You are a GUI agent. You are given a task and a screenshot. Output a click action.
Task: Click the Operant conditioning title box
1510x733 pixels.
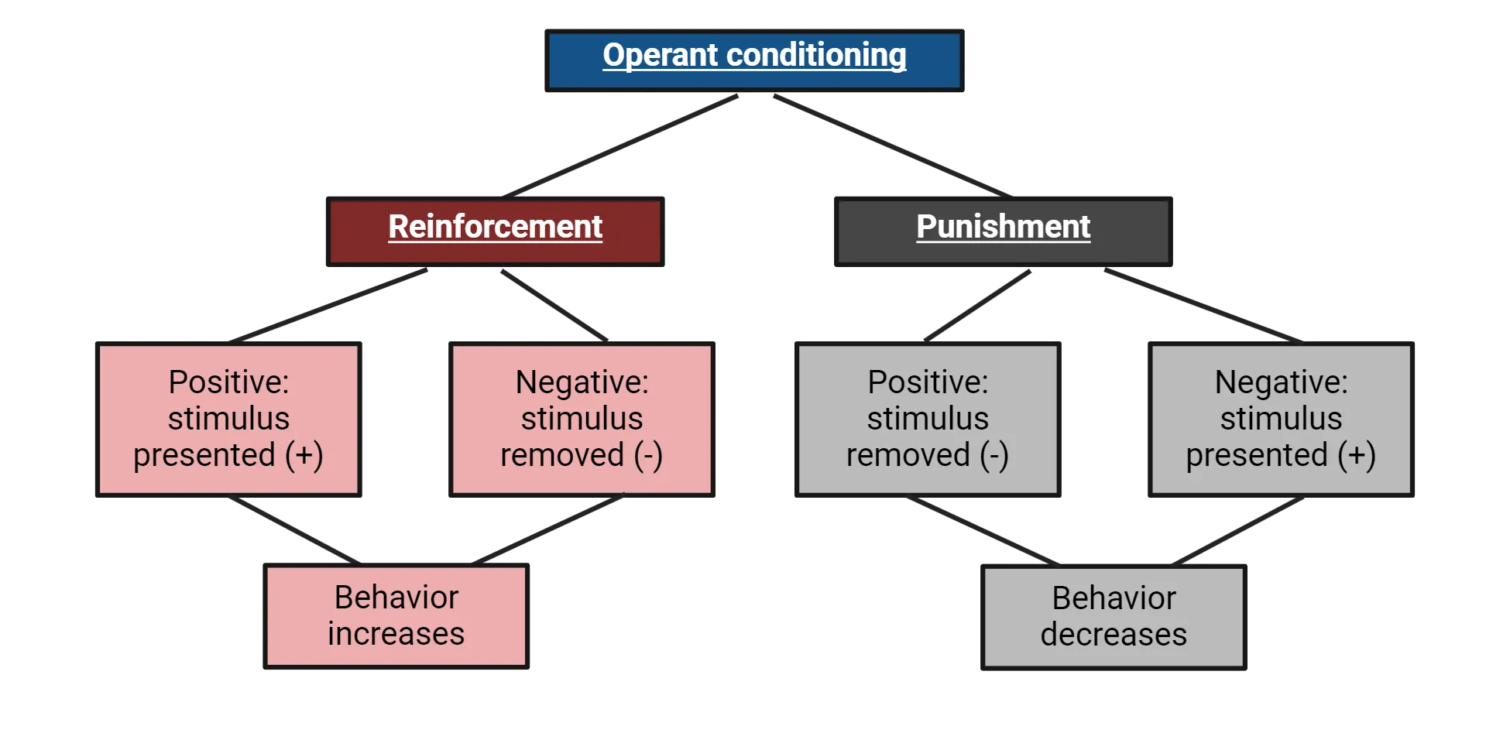click(x=753, y=60)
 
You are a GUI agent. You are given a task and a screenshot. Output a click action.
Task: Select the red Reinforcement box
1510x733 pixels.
click(x=495, y=231)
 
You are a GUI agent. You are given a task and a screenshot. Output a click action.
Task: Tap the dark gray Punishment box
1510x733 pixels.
click(x=1003, y=231)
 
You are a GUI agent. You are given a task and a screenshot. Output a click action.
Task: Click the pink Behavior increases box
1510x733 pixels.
click(x=396, y=616)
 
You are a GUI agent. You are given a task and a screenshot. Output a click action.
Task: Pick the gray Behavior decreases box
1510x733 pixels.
click(x=1114, y=617)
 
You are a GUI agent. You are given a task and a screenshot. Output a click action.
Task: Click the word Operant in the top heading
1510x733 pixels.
click(x=661, y=55)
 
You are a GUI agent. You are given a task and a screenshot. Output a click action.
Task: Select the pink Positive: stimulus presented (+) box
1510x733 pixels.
click(x=228, y=419)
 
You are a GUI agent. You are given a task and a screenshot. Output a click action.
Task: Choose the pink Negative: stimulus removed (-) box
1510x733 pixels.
click(x=582, y=419)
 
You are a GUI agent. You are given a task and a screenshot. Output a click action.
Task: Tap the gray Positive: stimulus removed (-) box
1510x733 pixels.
click(x=928, y=419)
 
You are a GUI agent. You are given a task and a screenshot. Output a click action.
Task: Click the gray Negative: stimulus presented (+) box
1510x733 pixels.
click(x=1281, y=419)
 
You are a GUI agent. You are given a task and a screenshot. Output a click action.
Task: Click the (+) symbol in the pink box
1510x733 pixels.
click(x=304, y=455)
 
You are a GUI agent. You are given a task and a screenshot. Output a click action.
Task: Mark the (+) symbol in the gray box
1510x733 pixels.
click(x=1357, y=455)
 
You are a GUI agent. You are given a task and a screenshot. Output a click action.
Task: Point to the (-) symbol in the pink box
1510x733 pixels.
click(x=648, y=455)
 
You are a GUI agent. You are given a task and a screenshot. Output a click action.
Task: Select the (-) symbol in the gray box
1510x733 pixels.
click(x=994, y=455)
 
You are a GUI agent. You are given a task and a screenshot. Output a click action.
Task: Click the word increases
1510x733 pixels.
click(x=396, y=634)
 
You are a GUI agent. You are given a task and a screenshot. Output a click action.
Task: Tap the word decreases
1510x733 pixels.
click(x=1114, y=635)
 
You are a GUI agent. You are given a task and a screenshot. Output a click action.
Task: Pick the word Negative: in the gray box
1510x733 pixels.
click(x=1281, y=382)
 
